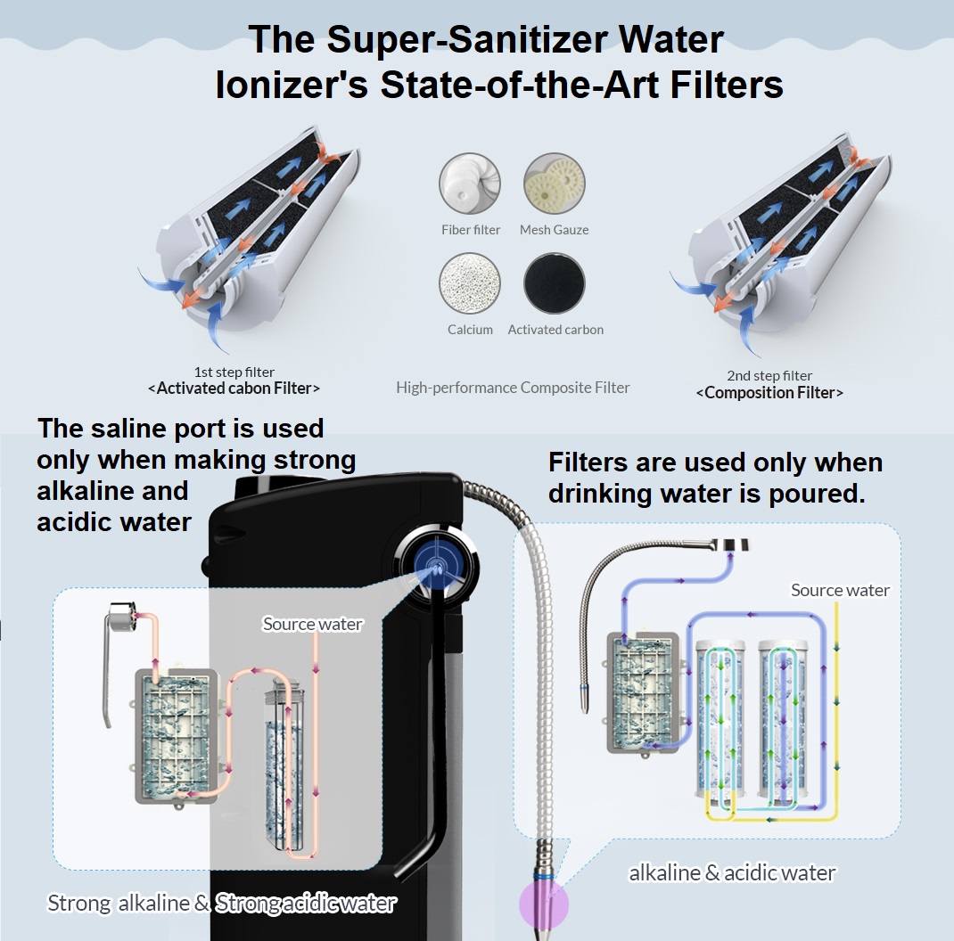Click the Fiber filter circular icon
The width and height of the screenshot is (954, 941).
click(470, 184)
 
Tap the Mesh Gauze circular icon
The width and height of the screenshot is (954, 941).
click(554, 184)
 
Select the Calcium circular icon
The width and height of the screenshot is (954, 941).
click(470, 283)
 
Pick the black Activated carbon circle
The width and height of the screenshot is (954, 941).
click(555, 283)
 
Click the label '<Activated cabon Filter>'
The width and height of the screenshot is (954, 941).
click(234, 389)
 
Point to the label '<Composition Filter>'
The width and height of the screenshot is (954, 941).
click(769, 392)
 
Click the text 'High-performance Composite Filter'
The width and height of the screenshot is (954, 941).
click(513, 388)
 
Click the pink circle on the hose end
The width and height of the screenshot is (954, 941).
click(543, 902)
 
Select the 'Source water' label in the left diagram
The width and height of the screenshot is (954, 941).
click(312, 624)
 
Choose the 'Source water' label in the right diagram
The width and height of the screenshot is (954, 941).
click(840, 590)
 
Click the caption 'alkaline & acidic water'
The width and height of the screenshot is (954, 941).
click(732, 872)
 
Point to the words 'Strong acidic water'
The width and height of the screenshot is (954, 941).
click(306, 903)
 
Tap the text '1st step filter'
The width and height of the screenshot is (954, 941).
click(234, 372)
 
